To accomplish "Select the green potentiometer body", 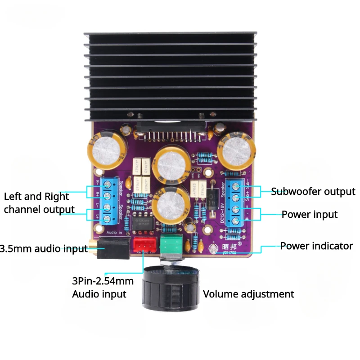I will pos(172,244).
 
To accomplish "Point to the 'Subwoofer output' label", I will pos(313,191).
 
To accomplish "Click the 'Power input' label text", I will pos(309,214).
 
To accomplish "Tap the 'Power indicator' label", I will pos(316,246).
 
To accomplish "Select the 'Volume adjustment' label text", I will pos(248,294).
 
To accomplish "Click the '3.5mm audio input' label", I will pos(44,248).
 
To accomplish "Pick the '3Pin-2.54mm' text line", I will pos(103,282).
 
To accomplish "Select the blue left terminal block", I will pos(108,201).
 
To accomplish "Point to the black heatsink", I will pos(171,76).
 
